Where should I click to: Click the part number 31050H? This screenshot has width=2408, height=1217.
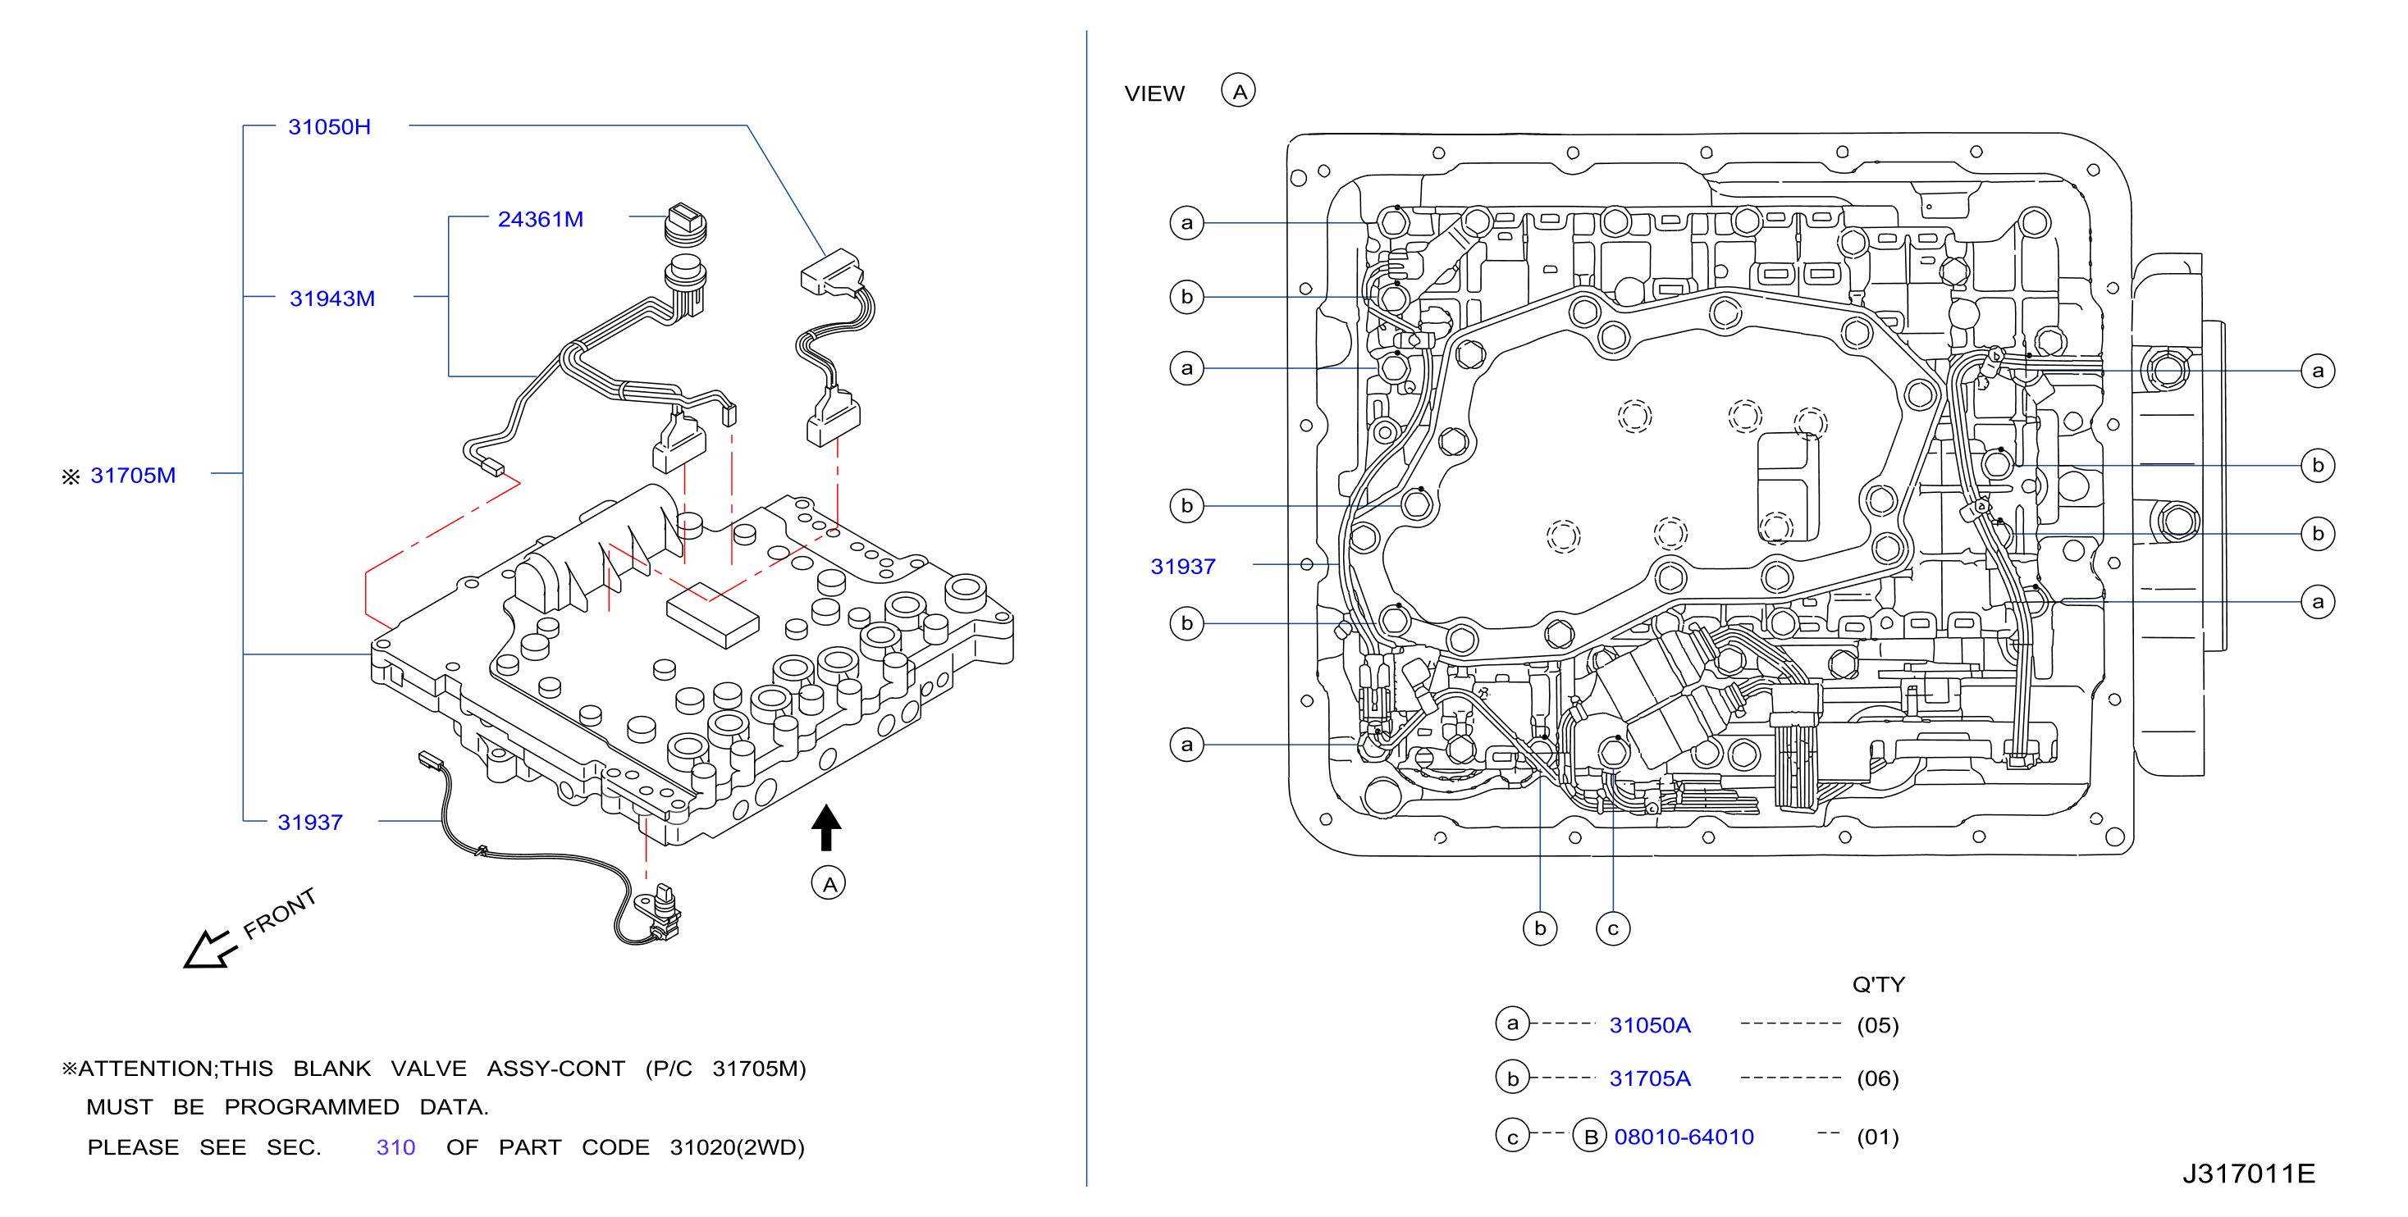click(x=329, y=126)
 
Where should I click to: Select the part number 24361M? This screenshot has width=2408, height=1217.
click(x=541, y=219)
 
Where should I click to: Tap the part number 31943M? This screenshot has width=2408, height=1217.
click(x=331, y=299)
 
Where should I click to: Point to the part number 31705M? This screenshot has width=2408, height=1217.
click(x=133, y=475)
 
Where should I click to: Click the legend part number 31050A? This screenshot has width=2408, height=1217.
click(x=1650, y=1024)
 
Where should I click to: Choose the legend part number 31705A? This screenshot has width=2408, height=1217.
click(x=1650, y=1078)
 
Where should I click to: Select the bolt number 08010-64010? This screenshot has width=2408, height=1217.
click(x=1684, y=1137)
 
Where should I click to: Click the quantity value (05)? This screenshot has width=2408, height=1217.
click(x=1877, y=1024)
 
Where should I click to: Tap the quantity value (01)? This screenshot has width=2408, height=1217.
click(x=1877, y=1137)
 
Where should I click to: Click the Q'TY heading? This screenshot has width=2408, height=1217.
click(x=1878, y=983)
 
